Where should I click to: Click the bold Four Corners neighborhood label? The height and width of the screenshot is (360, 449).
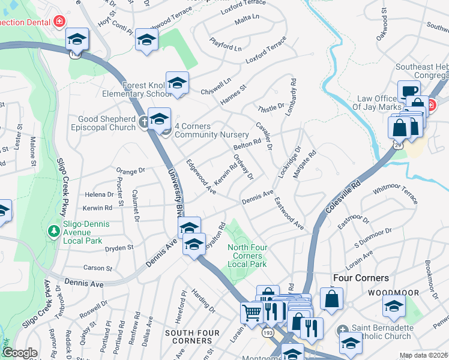tap(361, 278)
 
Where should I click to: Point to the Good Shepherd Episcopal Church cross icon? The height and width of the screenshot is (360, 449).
tap(143, 122)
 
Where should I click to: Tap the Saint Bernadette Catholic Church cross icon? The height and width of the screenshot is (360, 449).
tap(342, 329)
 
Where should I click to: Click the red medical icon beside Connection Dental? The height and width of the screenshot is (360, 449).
tap(59, 23)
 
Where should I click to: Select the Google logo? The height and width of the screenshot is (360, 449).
tap(19, 353)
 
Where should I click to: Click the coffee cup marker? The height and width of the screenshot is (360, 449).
tap(408, 91)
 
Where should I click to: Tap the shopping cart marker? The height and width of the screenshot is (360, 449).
tap(252, 311)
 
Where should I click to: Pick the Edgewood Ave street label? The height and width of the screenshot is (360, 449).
tap(200, 176)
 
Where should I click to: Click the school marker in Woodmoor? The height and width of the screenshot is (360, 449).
tap(393, 306)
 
